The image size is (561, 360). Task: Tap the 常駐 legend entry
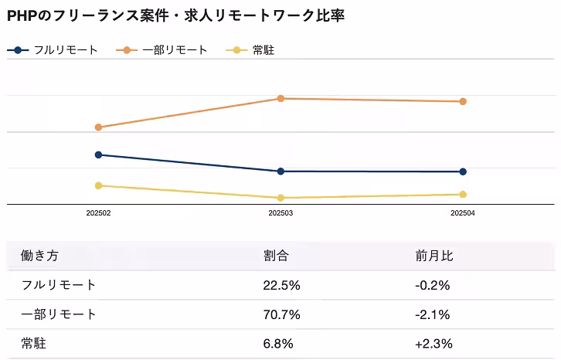[254, 50]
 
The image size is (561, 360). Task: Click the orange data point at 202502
[98, 127]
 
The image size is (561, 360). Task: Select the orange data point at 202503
[280, 98]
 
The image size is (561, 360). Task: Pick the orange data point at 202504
[463, 101]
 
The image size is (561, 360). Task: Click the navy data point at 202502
[98, 155]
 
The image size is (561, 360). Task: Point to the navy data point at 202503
[280, 171]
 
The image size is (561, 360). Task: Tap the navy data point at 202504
[463, 172]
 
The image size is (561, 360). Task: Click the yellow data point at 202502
[98, 185]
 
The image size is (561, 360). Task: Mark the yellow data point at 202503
[280, 198]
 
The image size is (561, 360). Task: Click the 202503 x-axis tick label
[280, 212]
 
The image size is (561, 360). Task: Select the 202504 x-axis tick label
[463, 212]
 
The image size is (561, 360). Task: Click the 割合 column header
[276, 256]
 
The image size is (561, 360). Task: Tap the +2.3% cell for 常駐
[433, 344]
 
